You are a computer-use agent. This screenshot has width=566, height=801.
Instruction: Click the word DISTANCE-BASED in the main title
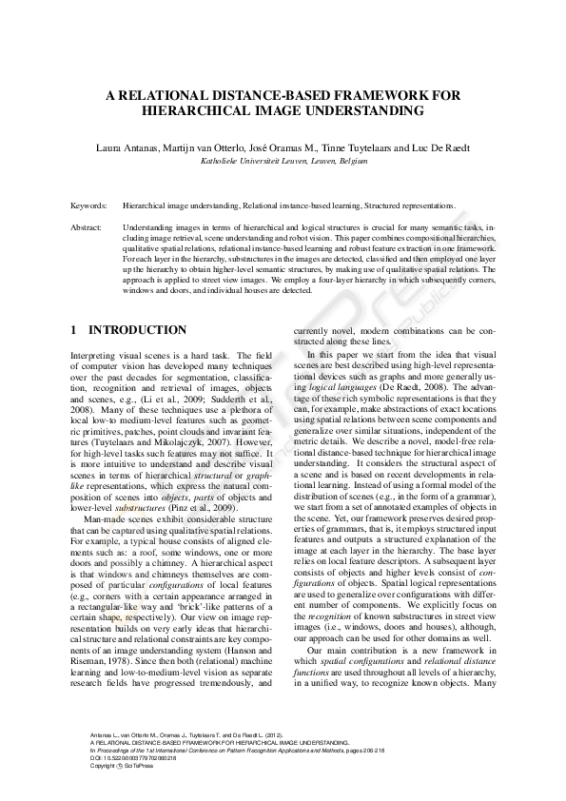(271, 95)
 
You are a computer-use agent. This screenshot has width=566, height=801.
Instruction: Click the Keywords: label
(89, 205)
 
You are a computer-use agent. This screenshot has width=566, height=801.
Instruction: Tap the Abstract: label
(87, 228)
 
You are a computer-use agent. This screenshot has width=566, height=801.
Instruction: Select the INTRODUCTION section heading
(137, 330)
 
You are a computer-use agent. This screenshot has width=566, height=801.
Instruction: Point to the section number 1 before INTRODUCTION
(75, 330)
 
